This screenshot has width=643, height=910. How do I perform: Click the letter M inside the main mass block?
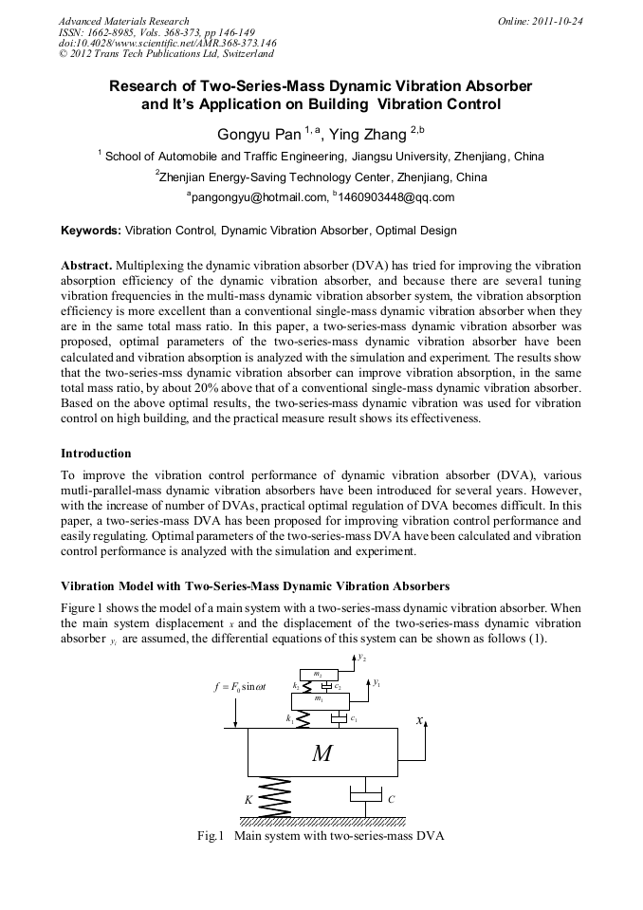tap(322, 753)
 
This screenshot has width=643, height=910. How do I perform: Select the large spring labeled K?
tap(274, 796)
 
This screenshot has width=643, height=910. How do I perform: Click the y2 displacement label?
tap(362, 657)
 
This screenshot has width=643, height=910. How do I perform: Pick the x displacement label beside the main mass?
tap(419, 721)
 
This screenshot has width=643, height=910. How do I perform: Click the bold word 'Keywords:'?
tap(91, 231)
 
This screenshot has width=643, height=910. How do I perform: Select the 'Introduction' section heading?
tap(96, 454)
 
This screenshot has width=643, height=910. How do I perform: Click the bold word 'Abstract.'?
tap(86, 266)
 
